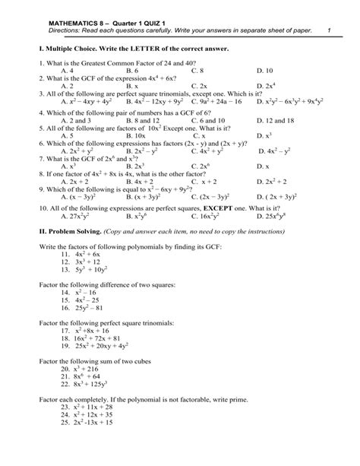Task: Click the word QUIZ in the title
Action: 137,21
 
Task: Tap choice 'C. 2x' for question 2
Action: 200,87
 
